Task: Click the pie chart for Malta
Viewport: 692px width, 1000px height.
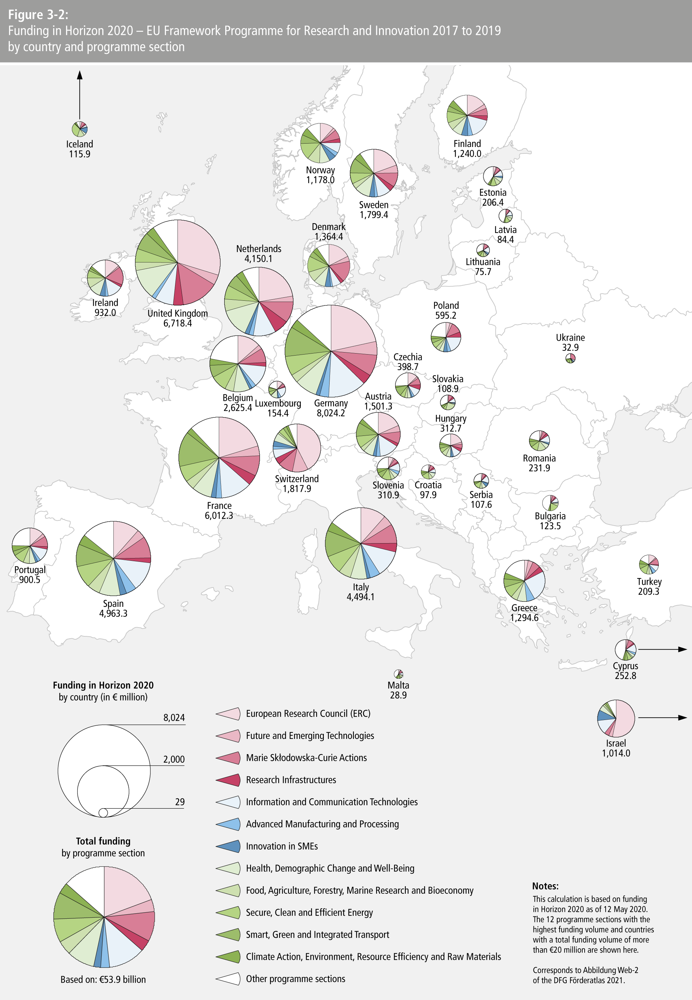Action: [x=398, y=674]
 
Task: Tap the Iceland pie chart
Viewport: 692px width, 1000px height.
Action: [x=80, y=129]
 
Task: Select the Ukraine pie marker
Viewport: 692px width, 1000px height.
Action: [x=570, y=359]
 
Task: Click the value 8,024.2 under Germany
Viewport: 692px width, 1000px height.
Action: [x=331, y=413]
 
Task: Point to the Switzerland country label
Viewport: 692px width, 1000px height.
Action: [x=297, y=478]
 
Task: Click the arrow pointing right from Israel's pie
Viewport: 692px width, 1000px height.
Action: [x=662, y=718]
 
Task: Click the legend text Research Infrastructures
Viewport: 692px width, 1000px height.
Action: [x=291, y=780]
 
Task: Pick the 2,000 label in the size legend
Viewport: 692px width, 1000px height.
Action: [x=174, y=760]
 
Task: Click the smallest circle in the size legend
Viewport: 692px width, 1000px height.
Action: [x=103, y=812]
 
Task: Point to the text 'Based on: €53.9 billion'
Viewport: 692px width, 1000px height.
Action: [x=103, y=980]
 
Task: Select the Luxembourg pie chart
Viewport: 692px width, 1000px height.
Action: [x=277, y=389]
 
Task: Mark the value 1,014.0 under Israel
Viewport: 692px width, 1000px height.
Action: [x=616, y=753]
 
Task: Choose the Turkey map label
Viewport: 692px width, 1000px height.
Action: [x=649, y=582]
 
